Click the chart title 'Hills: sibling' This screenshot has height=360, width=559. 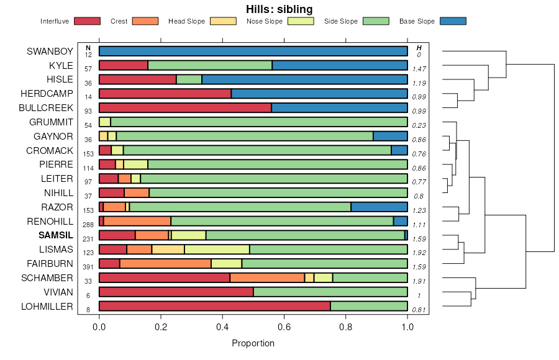coord(279,9)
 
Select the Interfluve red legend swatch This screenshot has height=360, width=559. coord(87,21)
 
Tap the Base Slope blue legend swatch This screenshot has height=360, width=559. coord(453,21)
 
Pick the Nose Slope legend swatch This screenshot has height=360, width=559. coord(301,21)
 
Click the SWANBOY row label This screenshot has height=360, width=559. coord(50,52)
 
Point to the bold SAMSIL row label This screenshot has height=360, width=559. coord(56,235)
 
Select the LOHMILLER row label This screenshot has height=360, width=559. coord(47,306)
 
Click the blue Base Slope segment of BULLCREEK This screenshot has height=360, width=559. coord(339,108)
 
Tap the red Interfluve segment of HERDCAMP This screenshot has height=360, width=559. coord(165,94)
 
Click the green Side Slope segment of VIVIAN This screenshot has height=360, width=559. coord(330,292)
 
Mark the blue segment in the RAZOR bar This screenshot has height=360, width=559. coord(379,207)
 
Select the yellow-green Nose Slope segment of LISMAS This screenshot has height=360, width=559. coord(217,250)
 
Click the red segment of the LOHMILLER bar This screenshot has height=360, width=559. coord(214,306)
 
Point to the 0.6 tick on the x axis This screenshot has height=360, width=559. coord(284,326)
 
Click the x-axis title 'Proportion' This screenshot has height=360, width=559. coord(253,343)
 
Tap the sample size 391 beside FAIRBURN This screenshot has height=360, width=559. coord(88,267)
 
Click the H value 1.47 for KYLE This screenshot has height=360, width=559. coord(419,69)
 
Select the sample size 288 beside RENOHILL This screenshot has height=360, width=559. coord(88,225)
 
